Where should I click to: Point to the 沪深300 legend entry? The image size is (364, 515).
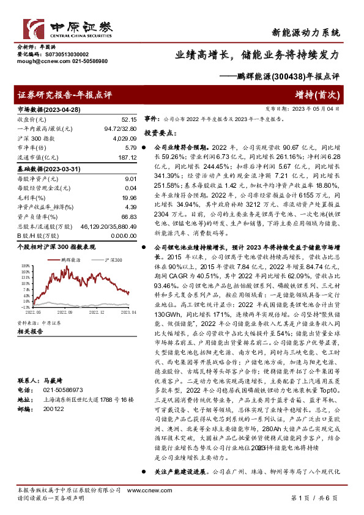click(108, 260)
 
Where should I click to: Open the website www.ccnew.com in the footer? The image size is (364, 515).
click(188, 491)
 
